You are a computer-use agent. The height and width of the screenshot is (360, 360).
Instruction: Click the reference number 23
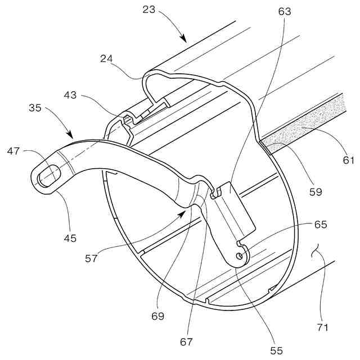pyautogui.click(x=149, y=10)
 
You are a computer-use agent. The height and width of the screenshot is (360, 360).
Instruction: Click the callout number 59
pyautogui.click(x=316, y=191)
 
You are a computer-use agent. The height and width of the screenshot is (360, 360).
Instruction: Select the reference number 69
pyautogui.click(x=158, y=316)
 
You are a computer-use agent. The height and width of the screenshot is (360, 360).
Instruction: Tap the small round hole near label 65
pyautogui.click(x=240, y=256)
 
